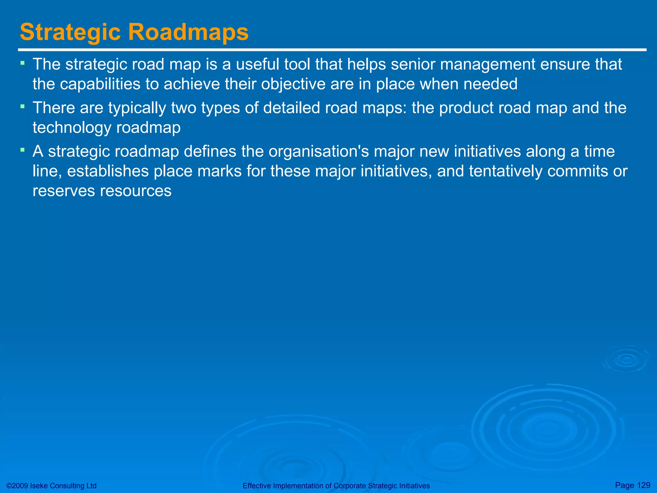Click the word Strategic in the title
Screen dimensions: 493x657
tap(70, 32)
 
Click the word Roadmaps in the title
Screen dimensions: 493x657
tap(188, 32)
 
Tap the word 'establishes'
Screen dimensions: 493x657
tap(108, 171)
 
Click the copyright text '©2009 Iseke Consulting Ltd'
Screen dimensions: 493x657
tap(51, 486)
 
